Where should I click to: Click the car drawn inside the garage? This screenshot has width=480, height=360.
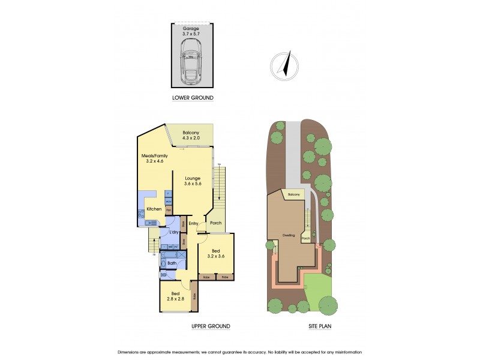tap(192, 61)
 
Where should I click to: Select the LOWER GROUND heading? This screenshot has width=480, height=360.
tap(192, 98)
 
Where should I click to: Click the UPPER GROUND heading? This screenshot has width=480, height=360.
tap(210, 326)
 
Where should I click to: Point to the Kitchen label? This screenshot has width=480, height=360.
tap(153, 209)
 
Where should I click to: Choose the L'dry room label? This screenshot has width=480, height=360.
tap(174, 232)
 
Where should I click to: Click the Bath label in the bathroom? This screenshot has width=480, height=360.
tap(172, 263)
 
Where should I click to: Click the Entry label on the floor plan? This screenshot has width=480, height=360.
tap(193, 224)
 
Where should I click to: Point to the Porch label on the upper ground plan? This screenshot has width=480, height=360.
tap(215, 223)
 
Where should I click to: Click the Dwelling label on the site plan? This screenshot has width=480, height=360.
tap(289, 235)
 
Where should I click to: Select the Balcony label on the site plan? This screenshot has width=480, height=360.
tap(293, 195)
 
